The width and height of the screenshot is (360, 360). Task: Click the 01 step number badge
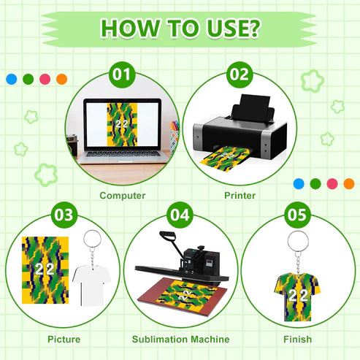123,76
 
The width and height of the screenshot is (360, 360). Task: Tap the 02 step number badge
238,76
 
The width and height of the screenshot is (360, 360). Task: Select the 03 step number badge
64,215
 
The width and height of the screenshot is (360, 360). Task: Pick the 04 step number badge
180,215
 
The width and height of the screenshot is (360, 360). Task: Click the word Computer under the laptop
123,196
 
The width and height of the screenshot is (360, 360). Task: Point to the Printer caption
239,196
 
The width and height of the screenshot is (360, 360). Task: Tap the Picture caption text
64,339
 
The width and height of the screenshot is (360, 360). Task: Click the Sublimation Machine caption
180,339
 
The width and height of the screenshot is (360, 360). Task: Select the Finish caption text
298,339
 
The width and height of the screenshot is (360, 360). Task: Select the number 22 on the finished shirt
296,296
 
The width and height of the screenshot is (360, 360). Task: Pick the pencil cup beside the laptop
174,138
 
